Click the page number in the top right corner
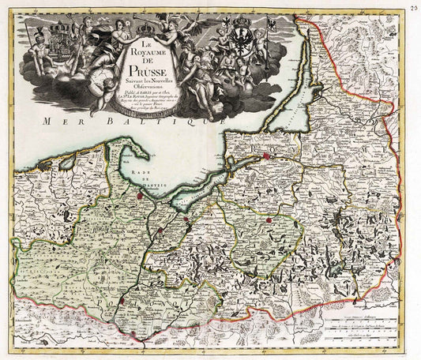click(414, 6)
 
